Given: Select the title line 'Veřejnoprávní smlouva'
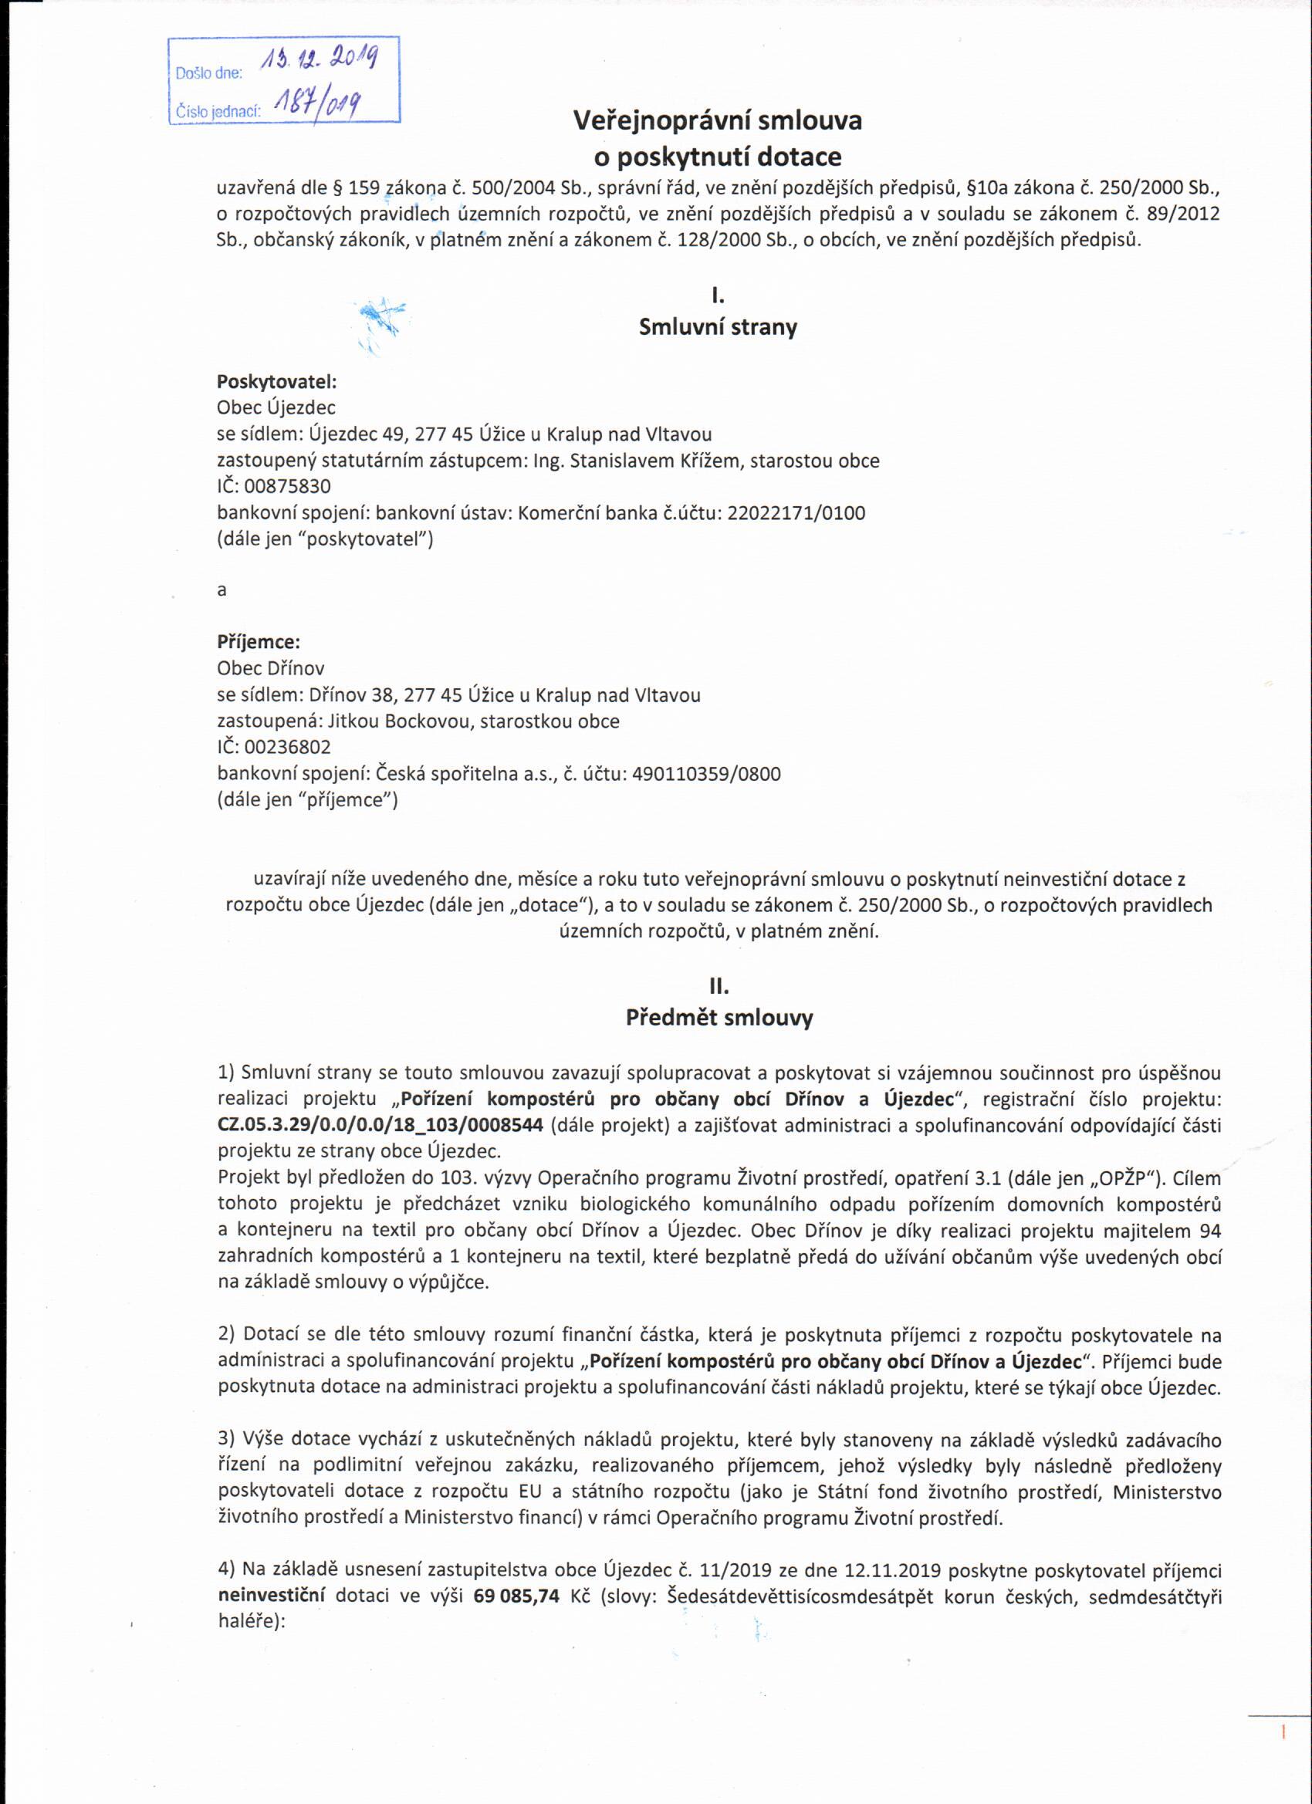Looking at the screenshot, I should click(x=718, y=121).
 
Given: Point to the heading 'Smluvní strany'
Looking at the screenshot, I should click(x=718, y=328).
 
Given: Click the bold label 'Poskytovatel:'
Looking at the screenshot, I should click(x=277, y=382).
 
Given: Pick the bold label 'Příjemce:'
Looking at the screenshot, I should click(x=259, y=642).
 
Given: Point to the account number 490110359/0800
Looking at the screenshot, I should click(x=705, y=773).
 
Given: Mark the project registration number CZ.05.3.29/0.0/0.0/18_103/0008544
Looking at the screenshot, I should click(x=380, y=1126).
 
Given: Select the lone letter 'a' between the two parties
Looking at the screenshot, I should click(x=222, y=590).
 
